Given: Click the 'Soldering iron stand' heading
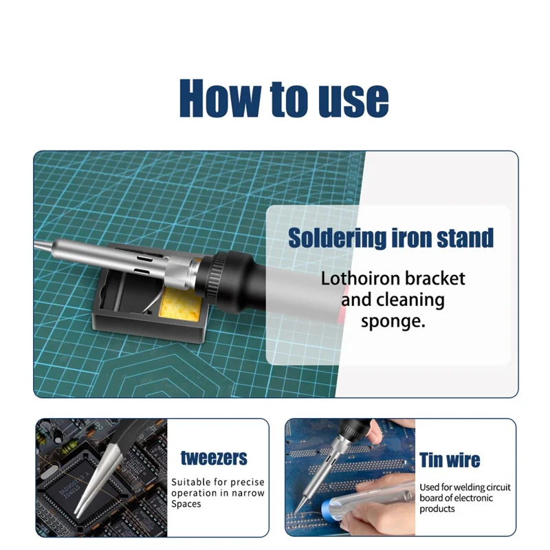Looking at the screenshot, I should [x=390, y=238].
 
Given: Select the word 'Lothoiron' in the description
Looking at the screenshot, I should [x=362, y=278].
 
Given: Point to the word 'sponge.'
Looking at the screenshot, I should [x=393, y=321].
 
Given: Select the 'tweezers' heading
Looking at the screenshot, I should [x=214, y=457].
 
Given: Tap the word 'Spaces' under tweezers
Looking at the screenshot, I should [x=186, y=504].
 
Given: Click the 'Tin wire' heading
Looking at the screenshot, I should [x=450, y=459].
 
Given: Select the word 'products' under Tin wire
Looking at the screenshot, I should [x=437, y=509].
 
